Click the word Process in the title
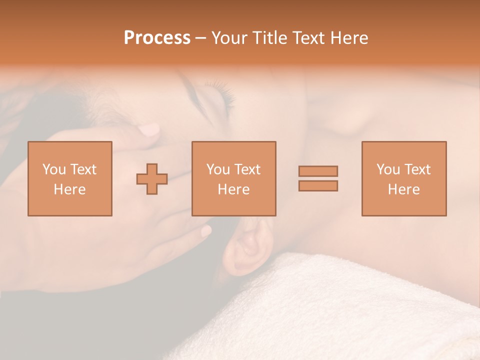point(157,38)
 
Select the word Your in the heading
point(230,38)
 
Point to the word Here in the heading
point(348,38)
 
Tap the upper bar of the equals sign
point(318,171)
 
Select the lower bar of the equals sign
point(318,185)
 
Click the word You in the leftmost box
point(54,169)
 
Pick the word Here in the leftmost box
point(69,189)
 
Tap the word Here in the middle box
point(233,189)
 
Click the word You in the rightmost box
point(388,169)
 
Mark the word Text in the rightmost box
point(417,169)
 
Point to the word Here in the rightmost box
point(403,189)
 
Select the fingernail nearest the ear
point(205,231)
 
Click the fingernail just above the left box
point(149,130)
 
